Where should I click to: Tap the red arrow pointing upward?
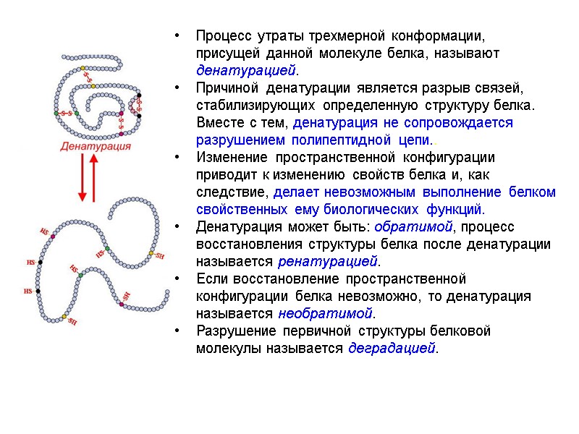[95, 177]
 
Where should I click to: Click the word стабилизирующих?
[244, 106]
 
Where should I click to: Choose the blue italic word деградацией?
[392, 348]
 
